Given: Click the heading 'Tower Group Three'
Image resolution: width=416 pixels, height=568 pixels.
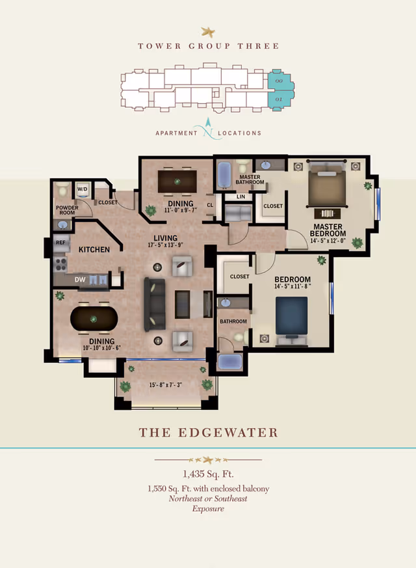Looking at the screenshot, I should (x=208, y=46).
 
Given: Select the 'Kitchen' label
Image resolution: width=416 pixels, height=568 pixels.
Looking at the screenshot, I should (x=94, y=249).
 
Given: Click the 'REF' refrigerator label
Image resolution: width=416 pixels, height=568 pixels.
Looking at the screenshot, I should (x=60, y=242).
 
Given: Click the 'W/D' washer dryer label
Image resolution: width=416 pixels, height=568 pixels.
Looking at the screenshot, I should (x=83, y=189).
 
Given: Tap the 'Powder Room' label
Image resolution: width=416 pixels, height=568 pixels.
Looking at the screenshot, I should (x=66, y=210).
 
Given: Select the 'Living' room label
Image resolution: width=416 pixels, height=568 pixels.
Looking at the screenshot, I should (x=166, y=237).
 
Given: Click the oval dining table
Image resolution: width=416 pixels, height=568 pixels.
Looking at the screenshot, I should (x=93, y=319).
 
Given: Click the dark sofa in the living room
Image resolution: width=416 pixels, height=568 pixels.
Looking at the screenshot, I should (x=155, y=302).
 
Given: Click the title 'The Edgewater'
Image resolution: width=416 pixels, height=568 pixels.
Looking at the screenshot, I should (x=208, y=433).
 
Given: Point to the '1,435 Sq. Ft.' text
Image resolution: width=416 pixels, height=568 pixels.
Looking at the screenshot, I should (x=208, y=474).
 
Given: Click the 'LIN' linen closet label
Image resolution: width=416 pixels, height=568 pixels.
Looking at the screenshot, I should (x=240, y=196).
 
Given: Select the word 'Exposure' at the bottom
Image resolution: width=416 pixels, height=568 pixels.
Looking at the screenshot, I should (x=208, y=509).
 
